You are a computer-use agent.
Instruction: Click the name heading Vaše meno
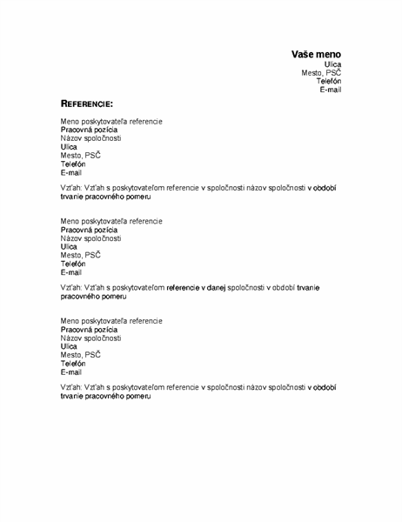[316, 54]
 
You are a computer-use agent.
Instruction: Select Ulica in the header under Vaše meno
[332, 64]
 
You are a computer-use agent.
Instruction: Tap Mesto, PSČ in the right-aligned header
[321, 73]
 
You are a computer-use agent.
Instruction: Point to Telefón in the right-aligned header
[328, 81]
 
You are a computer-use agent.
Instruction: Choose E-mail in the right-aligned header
[330, 90]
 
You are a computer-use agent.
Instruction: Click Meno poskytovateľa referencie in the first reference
[111, 121]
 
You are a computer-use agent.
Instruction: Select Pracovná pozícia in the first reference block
[89, 130]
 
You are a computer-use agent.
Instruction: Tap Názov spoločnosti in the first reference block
[90, 138]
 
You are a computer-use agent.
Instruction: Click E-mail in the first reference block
[71, 172]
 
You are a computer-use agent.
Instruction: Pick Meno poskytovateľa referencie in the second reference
[111, 221]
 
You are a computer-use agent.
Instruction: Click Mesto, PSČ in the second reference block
[80, 255]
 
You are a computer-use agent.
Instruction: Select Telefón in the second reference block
[73, 264]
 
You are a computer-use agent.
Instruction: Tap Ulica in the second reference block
[70, 246]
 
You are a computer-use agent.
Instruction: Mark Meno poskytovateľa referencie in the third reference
[111, 321]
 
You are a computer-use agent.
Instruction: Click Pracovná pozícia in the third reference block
[89, 330]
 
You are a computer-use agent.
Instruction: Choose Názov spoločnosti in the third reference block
[90, 338]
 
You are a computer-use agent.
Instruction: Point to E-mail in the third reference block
[71, 372]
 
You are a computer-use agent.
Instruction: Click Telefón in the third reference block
[73, 364]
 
